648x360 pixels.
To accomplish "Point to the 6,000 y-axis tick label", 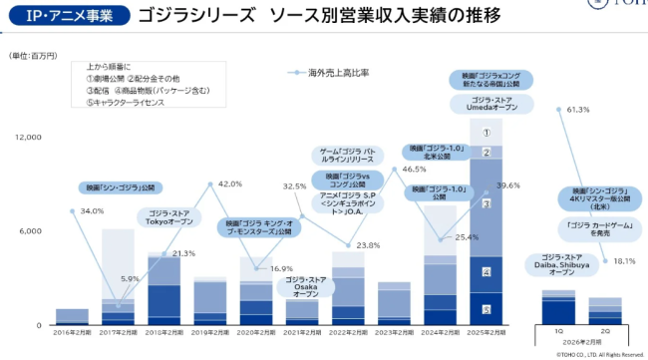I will pyautogui.click(x=30, y=230).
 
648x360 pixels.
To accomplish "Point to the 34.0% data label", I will pyautogui.click(x=92, y=211).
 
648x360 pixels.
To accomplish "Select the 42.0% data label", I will pyautogui.click(x=229, y=184).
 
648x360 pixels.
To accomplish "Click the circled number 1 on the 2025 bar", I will pyautogui.click(x=486, y=132).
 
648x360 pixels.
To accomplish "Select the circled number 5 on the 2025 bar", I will pyautogui.click(x=486, y=310).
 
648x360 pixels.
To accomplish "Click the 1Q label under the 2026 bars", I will pyautogui.click(x=557, y=329).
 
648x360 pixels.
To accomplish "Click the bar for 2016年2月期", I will pyautogui.click(x=72, y=317).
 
